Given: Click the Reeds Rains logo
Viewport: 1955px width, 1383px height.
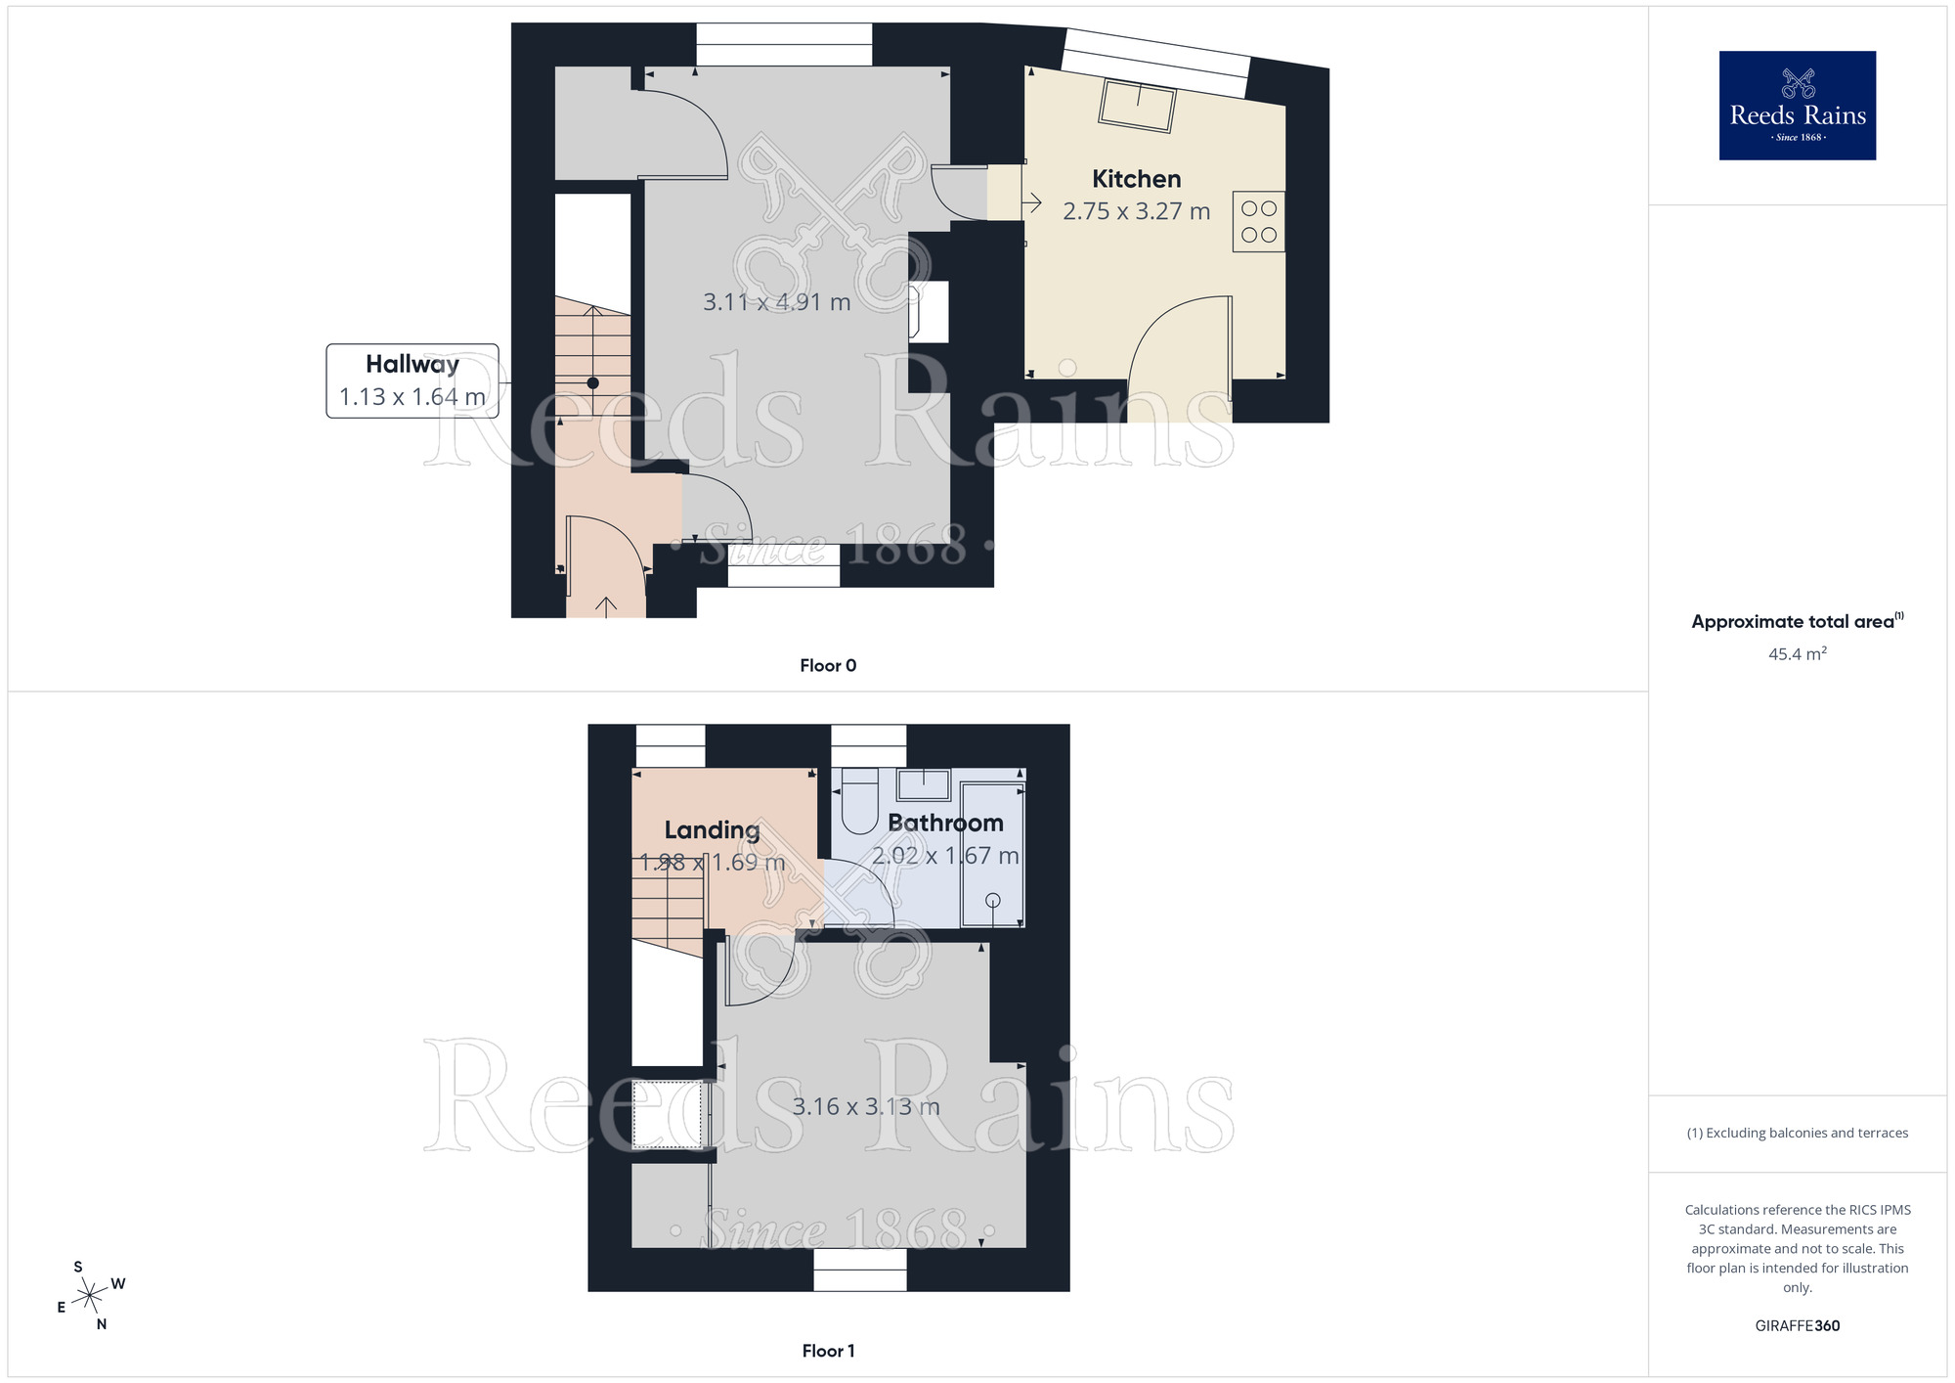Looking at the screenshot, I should click(1797, 106).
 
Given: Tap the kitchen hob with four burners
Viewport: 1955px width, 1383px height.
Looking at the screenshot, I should click(1259, 221).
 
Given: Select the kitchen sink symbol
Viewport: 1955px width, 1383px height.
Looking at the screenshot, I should click(1138, 105).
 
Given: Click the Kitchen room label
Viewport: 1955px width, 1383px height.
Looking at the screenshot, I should click(1136, 179).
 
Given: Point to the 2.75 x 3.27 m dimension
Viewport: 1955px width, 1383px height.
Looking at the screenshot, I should click(1136, 211).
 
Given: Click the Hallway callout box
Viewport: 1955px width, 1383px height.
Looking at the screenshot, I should click(412, 380).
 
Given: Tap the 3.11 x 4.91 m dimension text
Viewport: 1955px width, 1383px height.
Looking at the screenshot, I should click(776, 302).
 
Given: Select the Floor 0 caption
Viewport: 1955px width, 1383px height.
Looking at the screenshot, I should click(827, 665).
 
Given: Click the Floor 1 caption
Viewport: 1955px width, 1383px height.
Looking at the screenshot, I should click(827, 1351).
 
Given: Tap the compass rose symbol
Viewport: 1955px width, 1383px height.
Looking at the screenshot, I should click(91, 1296).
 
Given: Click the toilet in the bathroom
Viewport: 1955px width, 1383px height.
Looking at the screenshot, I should click(860, 802).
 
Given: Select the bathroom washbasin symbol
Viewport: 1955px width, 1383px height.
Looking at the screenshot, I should click(924, 784).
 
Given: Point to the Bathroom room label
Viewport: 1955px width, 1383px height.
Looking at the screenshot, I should click(945, 824).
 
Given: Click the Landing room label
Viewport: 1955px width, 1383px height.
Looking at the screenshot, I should click(712, 830).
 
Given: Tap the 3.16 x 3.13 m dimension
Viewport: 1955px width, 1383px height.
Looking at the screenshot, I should click(865, 1107).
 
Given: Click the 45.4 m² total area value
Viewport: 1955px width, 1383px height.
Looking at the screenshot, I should click(1797, 654).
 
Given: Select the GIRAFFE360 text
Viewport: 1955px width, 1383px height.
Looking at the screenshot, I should click(1797, 1326).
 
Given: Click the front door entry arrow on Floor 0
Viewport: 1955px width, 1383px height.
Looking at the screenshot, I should click(606, 606).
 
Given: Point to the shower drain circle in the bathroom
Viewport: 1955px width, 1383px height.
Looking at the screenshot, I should click(993, 900).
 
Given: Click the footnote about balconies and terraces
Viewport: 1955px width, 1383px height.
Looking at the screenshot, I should click(1797, 1133).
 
